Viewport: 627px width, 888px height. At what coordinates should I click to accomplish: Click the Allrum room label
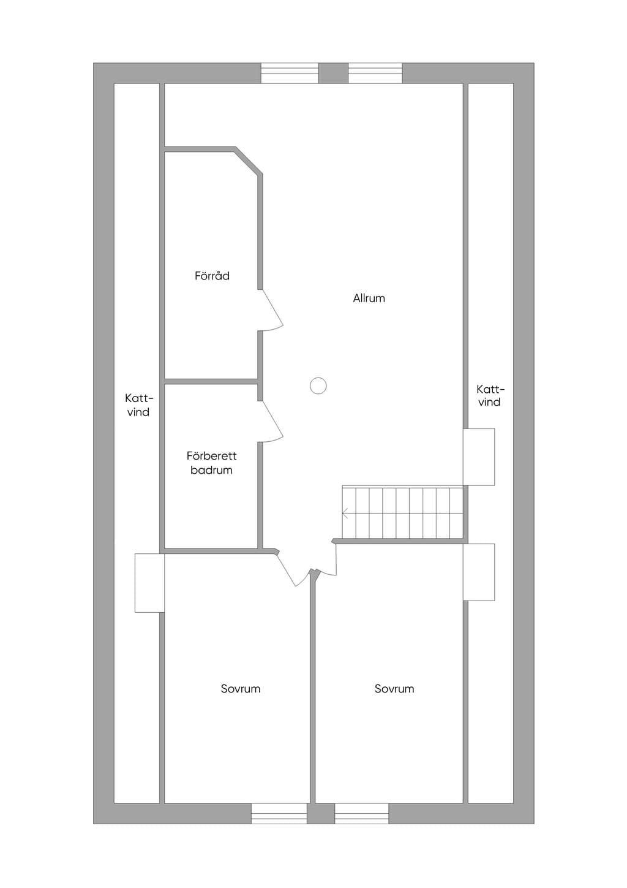pos(369,298)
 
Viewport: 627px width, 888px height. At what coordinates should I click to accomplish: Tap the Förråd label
pos(212,276)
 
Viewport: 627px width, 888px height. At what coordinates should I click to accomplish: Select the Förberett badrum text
pos(211,463)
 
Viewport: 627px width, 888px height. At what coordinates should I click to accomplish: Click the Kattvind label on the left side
pos(138,404)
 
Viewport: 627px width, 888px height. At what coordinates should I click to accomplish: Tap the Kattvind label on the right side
pos(490,395)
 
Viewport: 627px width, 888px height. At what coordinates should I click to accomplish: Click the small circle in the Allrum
pos(318,385)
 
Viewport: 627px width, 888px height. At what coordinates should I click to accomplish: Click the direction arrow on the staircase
pos(345,514)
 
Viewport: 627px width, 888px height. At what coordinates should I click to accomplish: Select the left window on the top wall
pos(290,73)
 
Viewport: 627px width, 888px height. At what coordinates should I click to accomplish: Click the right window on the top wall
pos(375,73)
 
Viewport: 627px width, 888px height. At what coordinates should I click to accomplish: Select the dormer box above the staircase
pos(479,457)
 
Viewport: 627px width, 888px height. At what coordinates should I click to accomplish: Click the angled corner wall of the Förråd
pos(248,161)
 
